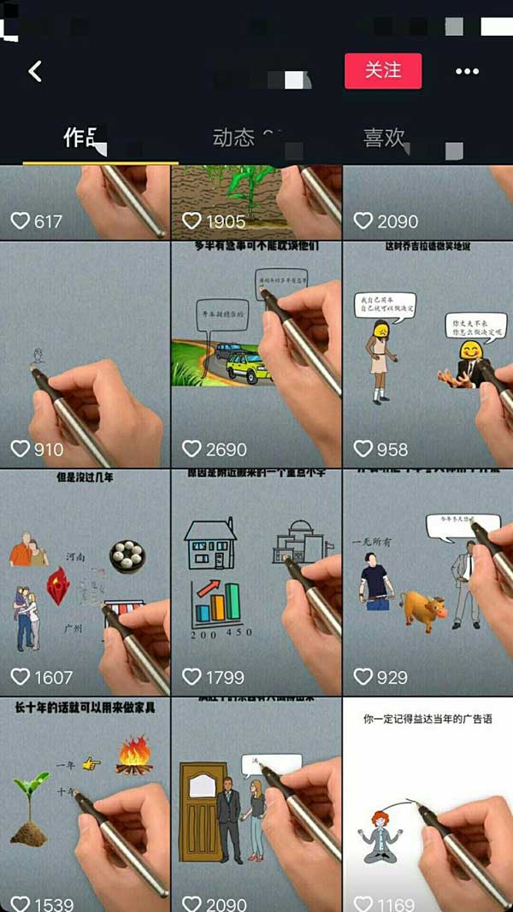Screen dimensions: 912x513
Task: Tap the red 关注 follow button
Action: (383, 71)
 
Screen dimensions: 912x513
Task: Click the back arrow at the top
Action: (35, 71)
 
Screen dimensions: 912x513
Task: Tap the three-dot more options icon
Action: (467, 72)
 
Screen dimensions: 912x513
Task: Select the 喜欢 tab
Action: (384, 138)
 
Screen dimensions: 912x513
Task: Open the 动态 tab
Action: (233, 138)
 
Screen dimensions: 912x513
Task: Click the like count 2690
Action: (226, 449)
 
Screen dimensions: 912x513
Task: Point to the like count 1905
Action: (226, 221)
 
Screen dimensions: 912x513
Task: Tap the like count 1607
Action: (53, 677)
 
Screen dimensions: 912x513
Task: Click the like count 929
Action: (392, 677)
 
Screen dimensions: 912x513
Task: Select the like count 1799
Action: (225, 677)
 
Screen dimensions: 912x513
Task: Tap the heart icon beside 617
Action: (20, 221)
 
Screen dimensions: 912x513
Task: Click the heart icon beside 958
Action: (363, 449)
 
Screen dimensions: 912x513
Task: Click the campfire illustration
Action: (133, 759)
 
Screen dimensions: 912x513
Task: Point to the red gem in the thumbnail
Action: (58, 586)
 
